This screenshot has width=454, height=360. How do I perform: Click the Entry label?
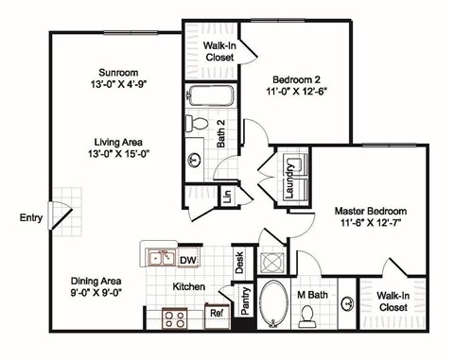(x=30, y=218)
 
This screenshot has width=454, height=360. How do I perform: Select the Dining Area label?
(x=98, y=281)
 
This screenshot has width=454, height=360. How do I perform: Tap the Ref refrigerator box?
(x=216, y=313)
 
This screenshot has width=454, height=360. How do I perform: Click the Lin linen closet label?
(x=227, y=197)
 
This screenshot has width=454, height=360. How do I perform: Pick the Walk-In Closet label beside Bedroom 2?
(x=219, y=50)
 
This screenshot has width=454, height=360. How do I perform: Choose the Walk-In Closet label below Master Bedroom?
(x=394, y=301)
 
